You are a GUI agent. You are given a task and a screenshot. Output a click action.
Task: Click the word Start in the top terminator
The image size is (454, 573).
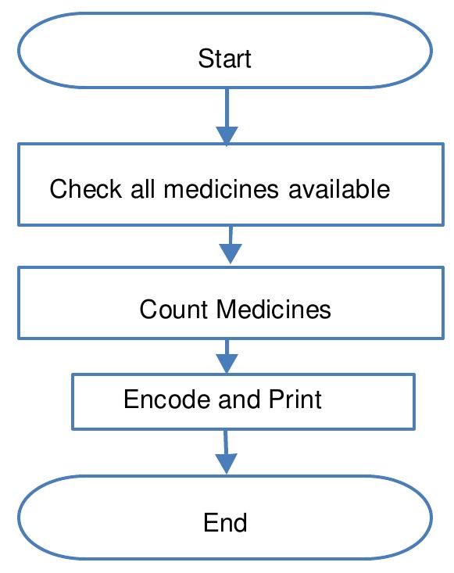point(225,59)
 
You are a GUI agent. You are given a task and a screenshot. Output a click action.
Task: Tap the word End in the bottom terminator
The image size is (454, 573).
point(225,522)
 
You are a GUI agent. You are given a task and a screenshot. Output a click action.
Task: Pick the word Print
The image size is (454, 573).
point(295,399)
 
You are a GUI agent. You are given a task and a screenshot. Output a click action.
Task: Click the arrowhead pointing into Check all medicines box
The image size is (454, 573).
point(227,134)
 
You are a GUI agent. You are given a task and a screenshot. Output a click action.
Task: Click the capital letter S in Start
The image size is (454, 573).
point(205,59)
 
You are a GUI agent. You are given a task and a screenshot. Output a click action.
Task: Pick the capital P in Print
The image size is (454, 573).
point(275,399)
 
